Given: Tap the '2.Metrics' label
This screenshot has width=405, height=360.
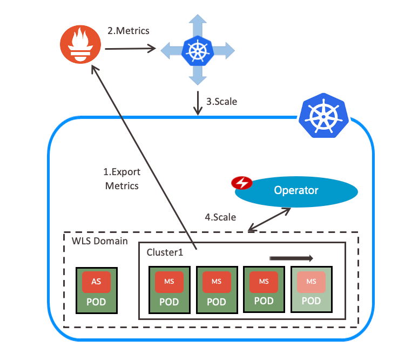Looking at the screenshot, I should click(129, 31).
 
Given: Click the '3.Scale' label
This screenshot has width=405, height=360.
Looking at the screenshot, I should click(221, 101).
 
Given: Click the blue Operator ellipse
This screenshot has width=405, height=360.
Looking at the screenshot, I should click(296, 191).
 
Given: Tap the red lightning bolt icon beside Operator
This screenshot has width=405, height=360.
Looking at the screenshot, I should click(241, 183).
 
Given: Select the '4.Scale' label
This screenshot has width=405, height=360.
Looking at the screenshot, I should click(220, 217).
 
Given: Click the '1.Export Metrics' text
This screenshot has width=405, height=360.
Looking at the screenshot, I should click(122, 179).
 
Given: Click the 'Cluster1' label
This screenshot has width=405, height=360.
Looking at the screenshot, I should click(165, 252).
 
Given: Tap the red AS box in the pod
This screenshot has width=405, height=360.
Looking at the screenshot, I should click(96, 281).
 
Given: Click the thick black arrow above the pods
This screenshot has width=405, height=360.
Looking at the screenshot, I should click(291, 258).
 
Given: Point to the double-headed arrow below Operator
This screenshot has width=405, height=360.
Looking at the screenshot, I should click(270, 219).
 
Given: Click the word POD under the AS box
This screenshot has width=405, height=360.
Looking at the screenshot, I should click(96, 301).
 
